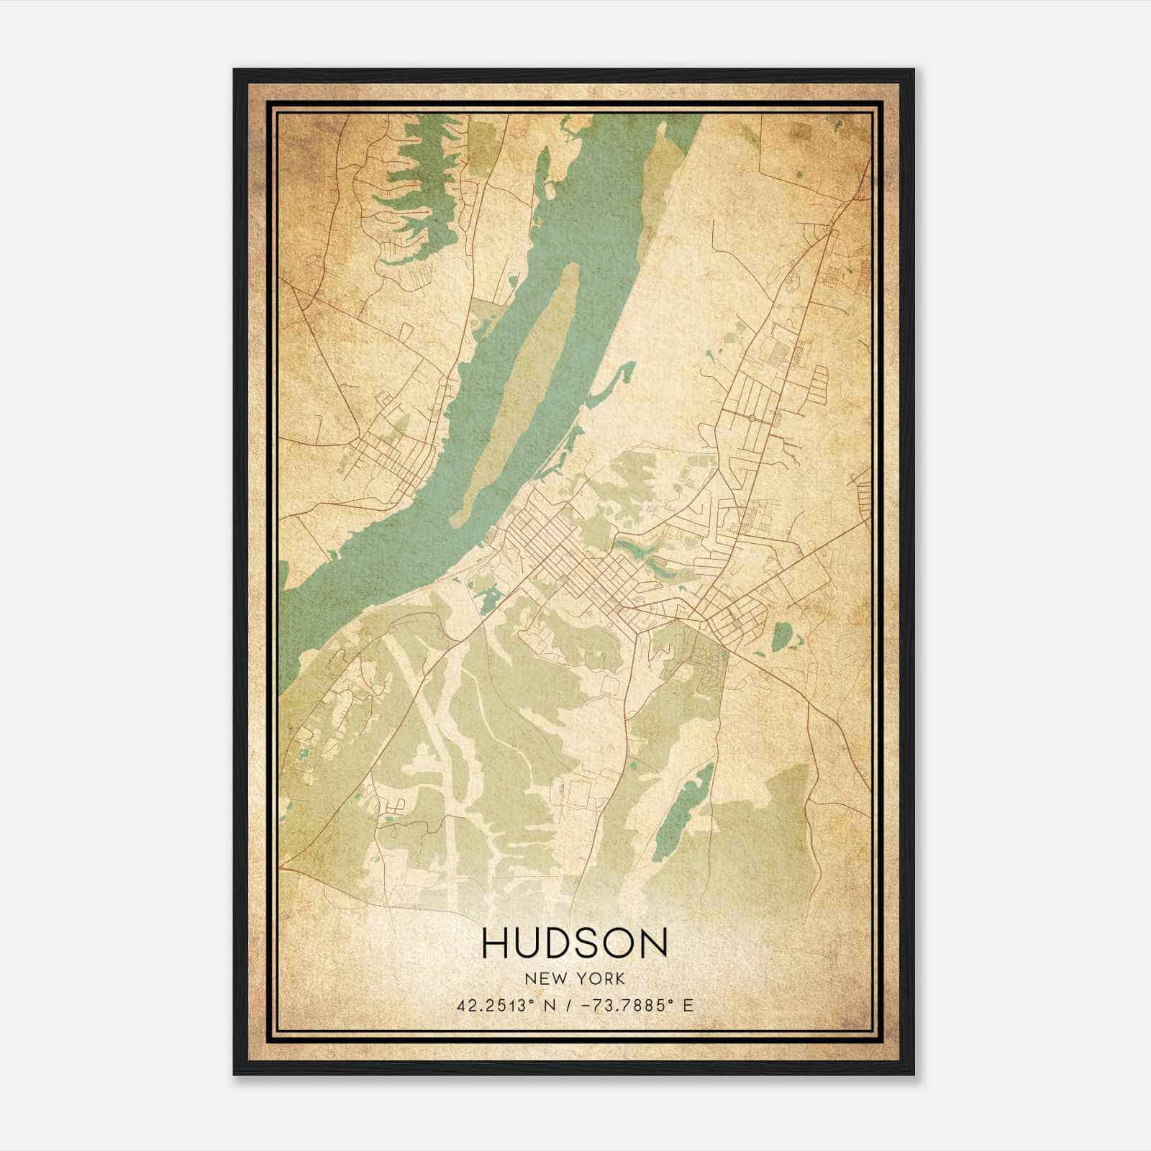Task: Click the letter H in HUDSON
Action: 496,943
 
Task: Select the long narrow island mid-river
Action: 514,396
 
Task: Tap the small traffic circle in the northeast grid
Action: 751,417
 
